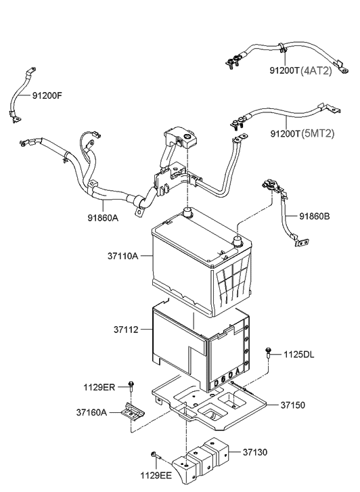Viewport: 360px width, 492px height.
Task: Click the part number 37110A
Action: [x=122, y=256]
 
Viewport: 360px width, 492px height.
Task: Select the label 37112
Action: [x=126, y=330]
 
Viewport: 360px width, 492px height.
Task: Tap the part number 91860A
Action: [x=103, y=217]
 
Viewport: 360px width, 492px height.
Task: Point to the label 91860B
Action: [x=315, y=216]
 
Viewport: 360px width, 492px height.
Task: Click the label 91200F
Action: [x=47, y=95]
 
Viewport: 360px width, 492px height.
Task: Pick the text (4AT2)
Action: [x=316, y=71]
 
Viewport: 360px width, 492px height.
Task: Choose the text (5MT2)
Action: [x=318, y=134]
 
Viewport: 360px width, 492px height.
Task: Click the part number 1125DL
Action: [x=299, y=355]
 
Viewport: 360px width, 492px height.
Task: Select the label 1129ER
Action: [x=99, y=387]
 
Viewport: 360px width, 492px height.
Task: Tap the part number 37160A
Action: [x=91, y=412]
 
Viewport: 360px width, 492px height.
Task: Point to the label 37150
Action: [x=292, y=405]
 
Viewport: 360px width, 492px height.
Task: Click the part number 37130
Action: [x=255, y=452]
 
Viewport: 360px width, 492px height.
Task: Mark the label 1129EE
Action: [x=156, y=476]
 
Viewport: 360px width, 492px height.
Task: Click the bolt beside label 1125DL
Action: [x=269, y=353]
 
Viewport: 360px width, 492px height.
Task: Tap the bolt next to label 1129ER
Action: [x=131, y=386]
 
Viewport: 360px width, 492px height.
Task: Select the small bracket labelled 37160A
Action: [x=133, y=411]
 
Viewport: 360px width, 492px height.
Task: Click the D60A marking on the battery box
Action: [x=229, y=376]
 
